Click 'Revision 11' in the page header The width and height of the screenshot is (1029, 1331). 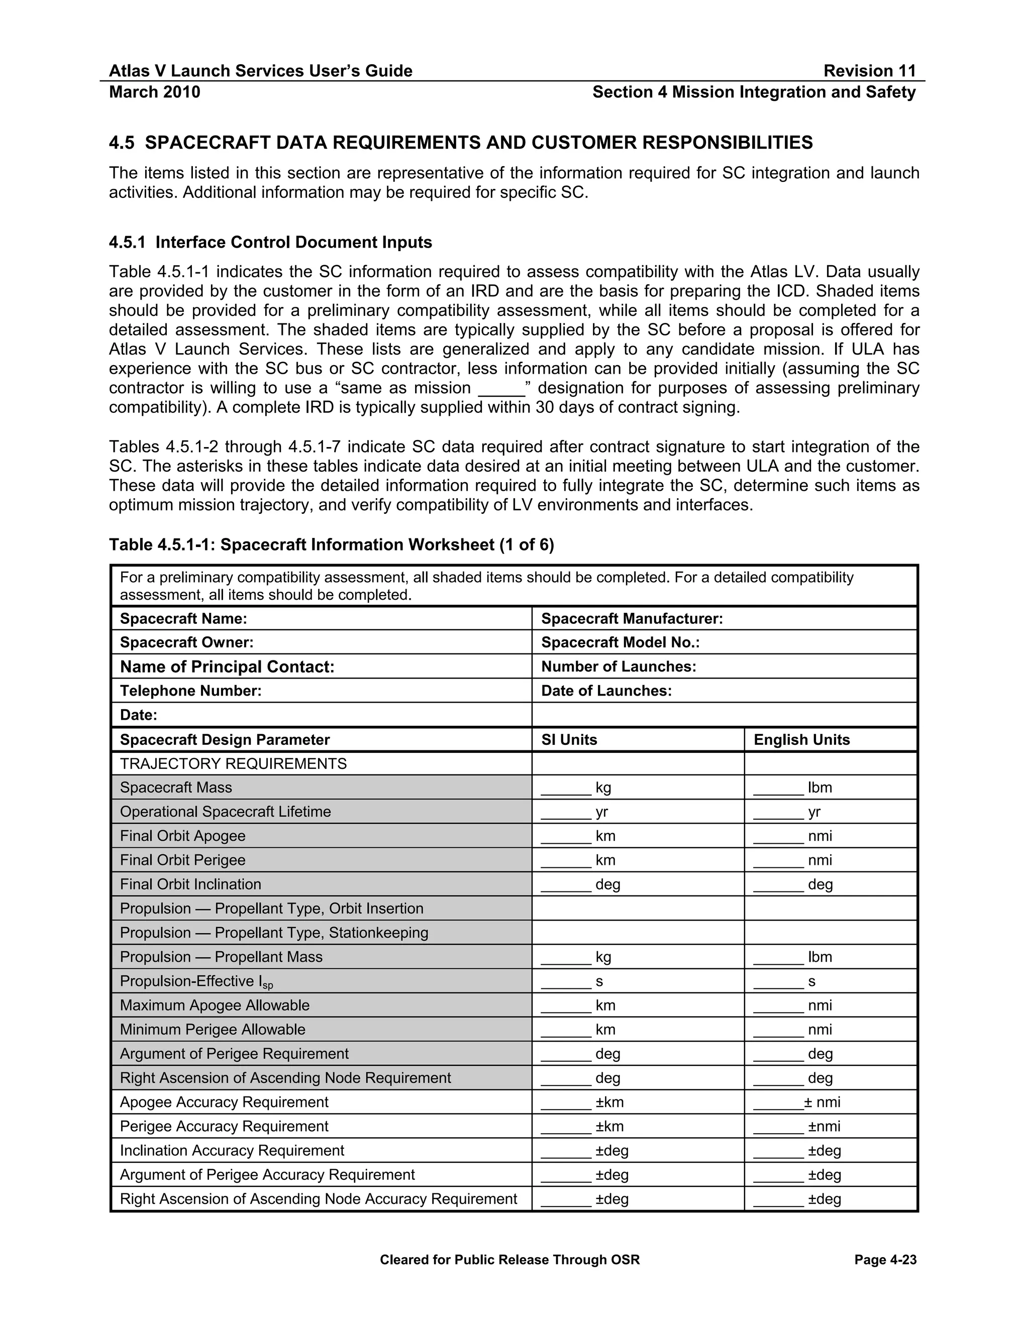point(869,71)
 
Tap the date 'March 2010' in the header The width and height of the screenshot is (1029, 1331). point(154,92)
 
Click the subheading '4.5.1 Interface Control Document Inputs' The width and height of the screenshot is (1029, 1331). point(270,243)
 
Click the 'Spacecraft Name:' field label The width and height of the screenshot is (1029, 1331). point(183,619)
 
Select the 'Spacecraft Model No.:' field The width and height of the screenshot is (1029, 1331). point(620,642)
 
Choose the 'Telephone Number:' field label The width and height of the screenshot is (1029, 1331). point(190,691)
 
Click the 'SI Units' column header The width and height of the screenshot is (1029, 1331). point(569,739)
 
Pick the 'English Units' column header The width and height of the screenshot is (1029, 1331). point(801,739)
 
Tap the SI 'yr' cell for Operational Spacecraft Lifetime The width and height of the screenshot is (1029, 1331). point(601,812)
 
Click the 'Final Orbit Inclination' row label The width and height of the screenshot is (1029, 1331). point(190,884)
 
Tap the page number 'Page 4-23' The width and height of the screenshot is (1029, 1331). point(885,1260)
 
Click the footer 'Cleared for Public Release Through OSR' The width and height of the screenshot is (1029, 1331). point(509,1260)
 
